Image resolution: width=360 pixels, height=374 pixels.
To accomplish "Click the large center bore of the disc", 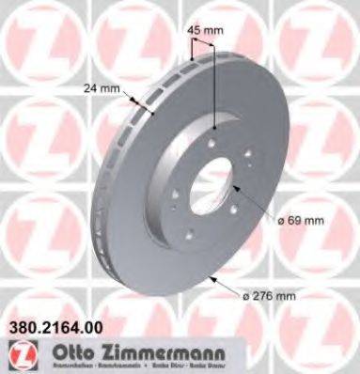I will pos(213,188).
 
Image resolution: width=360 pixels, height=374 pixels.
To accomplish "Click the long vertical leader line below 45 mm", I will pos(215,94).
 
